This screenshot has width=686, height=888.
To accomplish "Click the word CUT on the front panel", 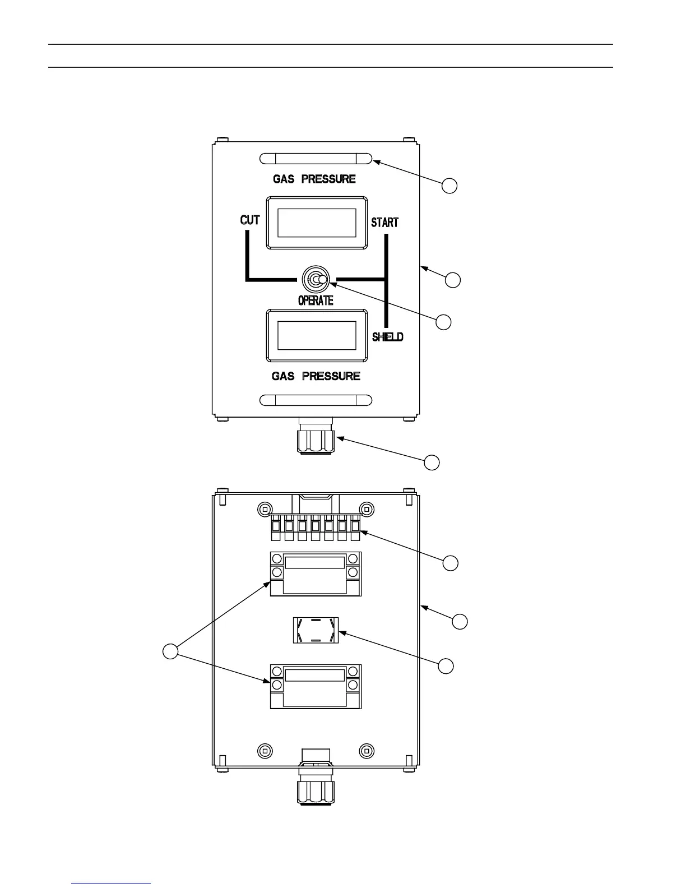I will click(x=250, y=220).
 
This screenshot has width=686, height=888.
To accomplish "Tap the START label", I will click(x=384, y=222).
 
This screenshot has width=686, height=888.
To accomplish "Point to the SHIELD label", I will click(x=388, y=337).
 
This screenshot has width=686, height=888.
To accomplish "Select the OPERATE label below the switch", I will click(x=316, y=300).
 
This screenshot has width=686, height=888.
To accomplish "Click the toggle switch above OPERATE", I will click(x=317, y=279).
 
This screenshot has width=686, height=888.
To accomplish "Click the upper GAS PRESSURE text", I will click(x=314, y=179).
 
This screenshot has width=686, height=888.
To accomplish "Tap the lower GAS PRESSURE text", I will click(x=316, y=376).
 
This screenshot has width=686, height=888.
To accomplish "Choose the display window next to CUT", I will click(x=317, y=223).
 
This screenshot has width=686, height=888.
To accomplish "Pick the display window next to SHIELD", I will click(x=317, y=336).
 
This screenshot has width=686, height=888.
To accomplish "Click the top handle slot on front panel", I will click(x=316, y=159).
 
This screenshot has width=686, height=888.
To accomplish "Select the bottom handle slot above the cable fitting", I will click(x=316, y=400).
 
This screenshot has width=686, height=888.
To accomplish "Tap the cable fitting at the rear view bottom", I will click(x=316, y=785).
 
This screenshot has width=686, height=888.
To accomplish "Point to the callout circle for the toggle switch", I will click(x=444, y=322).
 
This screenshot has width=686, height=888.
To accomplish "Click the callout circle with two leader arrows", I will click(x=170, y=651).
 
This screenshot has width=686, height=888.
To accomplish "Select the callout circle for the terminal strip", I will click(x=450, y=563).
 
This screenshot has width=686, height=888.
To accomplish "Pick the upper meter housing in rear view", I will click(x=316, y=573).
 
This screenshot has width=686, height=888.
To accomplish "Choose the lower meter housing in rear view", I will click(x=316, y=686).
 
